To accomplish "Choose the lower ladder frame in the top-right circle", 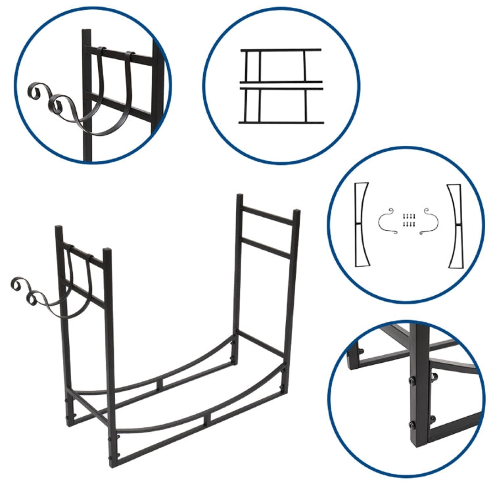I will (x=281, y=103).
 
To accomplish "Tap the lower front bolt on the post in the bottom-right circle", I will (x=411, y=424).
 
